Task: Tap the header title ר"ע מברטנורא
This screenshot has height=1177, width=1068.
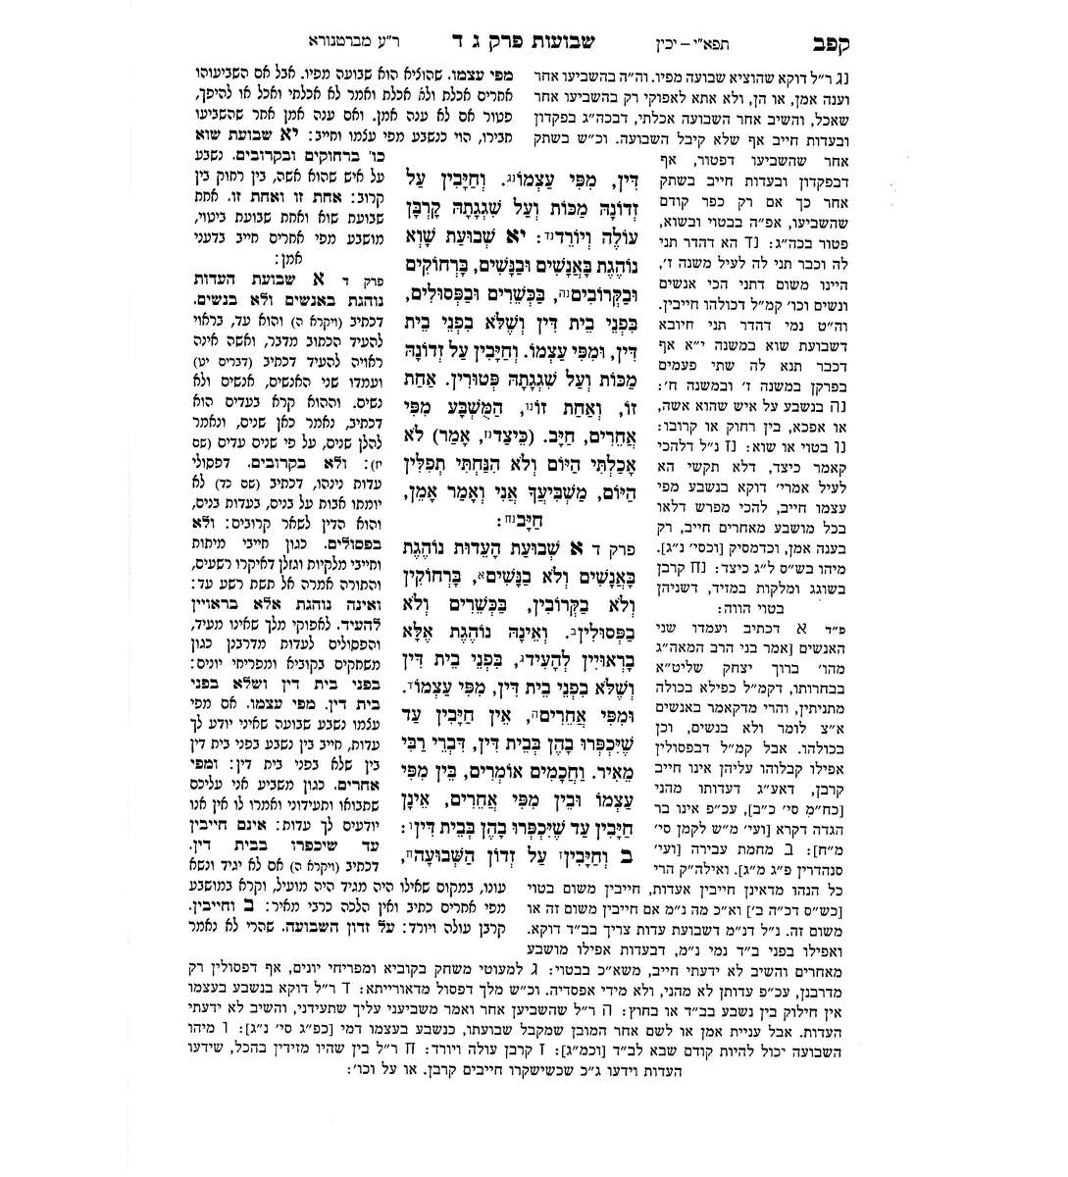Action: tap(348, 42)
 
